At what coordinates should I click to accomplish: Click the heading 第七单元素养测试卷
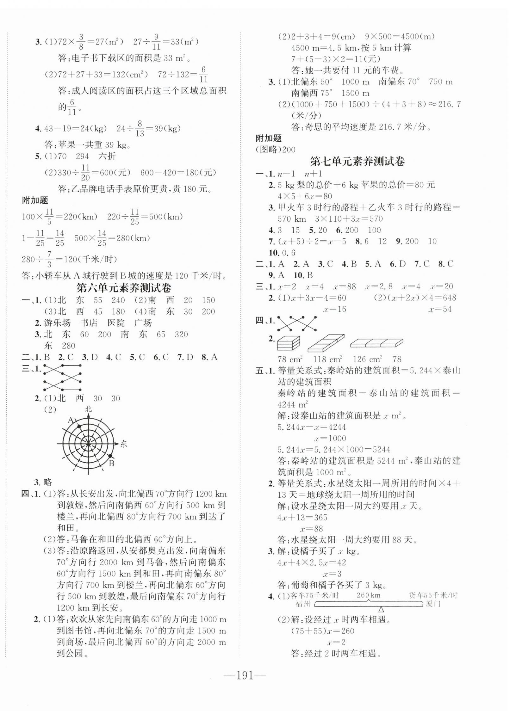357,162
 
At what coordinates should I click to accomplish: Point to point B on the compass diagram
110,457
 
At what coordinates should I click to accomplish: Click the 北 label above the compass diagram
88,409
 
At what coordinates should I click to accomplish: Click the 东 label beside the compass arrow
123,444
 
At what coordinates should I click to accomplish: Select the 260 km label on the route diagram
368,595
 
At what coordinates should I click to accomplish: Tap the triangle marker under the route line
381,609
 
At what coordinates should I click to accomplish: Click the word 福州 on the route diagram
302,604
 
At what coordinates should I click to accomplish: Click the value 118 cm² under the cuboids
328,359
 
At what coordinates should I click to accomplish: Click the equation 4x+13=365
302,517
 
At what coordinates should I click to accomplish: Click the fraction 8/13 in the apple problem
139,129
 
